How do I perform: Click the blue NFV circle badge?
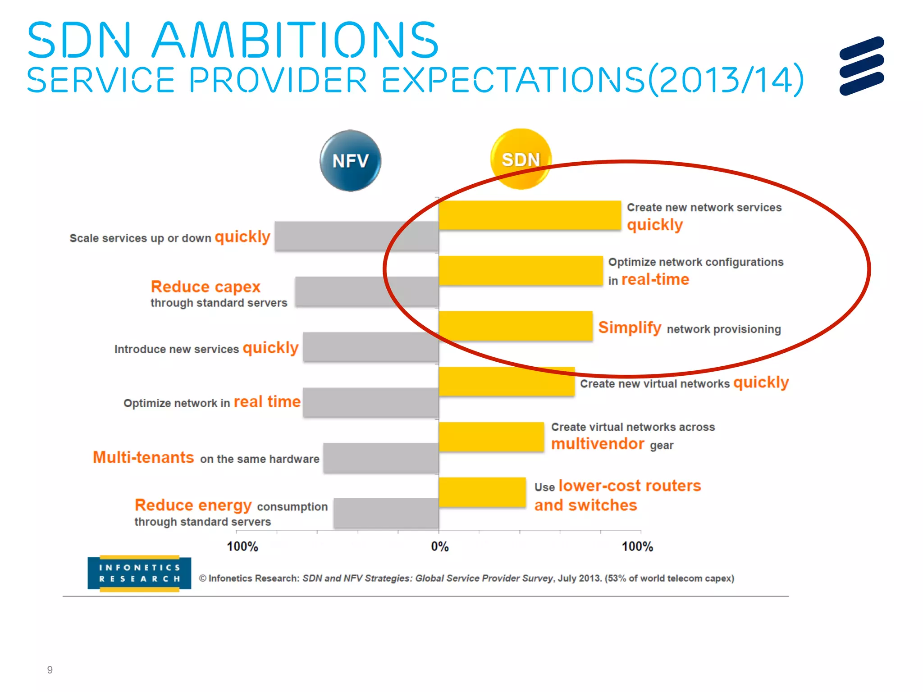point(350,161)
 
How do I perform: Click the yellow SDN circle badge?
point(521,159)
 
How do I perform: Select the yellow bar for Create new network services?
point(530,215)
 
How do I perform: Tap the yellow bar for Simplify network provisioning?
point(515,326)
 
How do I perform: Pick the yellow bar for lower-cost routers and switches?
point(482,492)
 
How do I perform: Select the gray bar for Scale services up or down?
point(356,236)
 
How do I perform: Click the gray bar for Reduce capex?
point(366,291)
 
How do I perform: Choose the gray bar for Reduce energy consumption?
point(386,513)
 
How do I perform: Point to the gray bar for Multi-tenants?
point(380,458)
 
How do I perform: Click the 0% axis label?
point(439,546)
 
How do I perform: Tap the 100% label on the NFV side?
point(242,546)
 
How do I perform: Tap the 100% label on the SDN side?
point(637,546)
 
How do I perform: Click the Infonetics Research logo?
point(139,573)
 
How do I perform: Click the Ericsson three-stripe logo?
point(861,66)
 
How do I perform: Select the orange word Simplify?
point(629,328)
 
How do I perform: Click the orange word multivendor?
point(597,444)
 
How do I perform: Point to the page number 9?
point(50,670)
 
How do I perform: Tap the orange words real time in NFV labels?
point(267,401)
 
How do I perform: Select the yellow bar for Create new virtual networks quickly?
point(506,382)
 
